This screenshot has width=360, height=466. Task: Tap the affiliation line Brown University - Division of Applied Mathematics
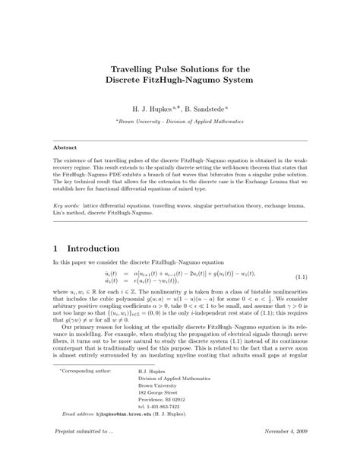pos(180,121)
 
